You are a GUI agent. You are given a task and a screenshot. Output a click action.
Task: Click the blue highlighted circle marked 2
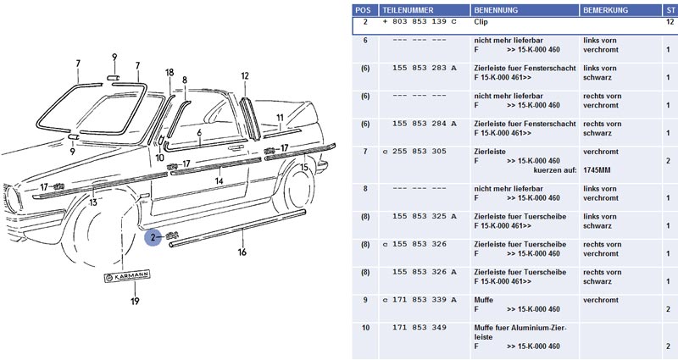pyautogui.click(x=153, y=238)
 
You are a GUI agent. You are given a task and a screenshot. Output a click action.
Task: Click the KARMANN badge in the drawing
pyautogui.click(x=126, y=276)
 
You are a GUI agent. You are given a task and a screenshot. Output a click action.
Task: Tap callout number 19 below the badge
pyautogui.click(x=135, y=301)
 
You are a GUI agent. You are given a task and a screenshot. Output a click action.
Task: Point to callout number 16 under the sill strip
pyautogui.click(x=242, y=252)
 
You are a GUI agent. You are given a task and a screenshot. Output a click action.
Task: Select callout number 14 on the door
pyautogui.click(x=218, y=180)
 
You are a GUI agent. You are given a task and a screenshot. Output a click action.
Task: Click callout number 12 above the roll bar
pyautogui.click(x=245, y=76)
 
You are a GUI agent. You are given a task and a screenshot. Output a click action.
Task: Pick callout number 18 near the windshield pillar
pyautogui.click(x=169, y=73)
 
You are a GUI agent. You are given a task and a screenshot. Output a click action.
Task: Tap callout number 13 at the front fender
pyautogui.click(x=92, y=202)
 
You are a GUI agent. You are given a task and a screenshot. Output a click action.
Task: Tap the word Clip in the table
pyautogui.click(x=481, y=24)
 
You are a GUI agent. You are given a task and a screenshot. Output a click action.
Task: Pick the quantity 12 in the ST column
pyautogui.click(x=670, y=24)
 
